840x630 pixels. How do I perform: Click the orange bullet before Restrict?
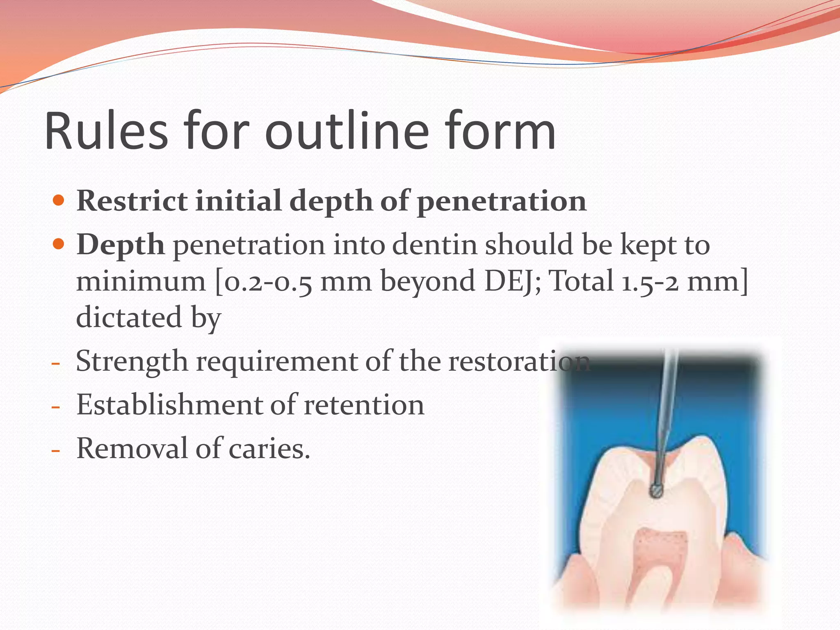[59, 201]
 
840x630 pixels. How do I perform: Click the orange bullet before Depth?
[59, 244]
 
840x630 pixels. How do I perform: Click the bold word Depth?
[121, 245]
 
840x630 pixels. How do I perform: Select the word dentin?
[436, 245]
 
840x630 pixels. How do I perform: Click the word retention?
[364, 406]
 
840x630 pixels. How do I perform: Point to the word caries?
[269, 449]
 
